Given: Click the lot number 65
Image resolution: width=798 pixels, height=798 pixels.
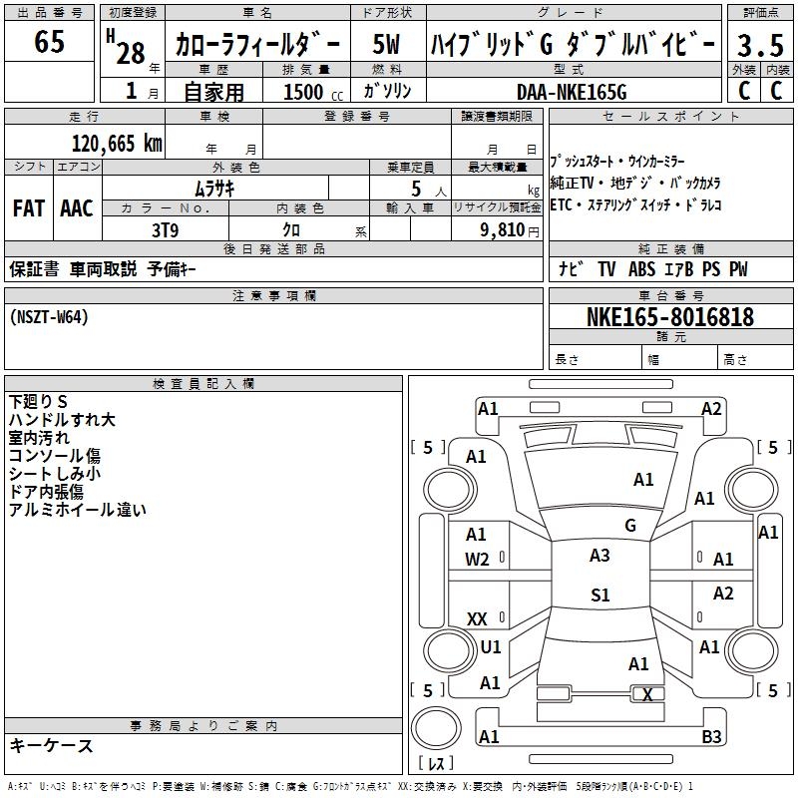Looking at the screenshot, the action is [x=49, y=43].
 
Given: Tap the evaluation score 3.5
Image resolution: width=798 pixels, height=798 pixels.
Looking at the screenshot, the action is [x=759, y=47].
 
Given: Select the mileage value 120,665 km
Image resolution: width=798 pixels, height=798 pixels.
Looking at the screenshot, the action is [x=116, y=144].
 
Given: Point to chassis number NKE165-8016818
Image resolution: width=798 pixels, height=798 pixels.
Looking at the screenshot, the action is [x=669, y=317].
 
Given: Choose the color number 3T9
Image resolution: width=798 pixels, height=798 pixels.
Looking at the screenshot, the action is [x=165, y=229].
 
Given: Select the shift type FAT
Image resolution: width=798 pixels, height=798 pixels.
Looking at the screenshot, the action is [x=28, y=208].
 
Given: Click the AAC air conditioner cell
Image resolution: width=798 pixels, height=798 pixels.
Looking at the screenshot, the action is [x=76, y=208].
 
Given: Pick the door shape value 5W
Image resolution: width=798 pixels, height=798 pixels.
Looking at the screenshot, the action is [x=387, y=46].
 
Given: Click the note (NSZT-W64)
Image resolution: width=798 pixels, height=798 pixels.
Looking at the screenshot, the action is [x=49, y=317].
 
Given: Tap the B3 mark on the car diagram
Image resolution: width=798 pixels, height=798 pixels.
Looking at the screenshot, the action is [x=711, y=737].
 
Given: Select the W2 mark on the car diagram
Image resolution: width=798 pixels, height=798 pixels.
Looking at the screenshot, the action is [x=477, y=560].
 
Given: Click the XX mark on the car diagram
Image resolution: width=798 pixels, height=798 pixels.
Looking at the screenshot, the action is [x=477, y=619].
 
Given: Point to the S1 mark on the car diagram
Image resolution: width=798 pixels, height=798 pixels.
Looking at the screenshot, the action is [x=599, y=596].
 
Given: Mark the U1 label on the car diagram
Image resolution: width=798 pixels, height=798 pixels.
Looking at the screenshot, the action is [x=491, y=646].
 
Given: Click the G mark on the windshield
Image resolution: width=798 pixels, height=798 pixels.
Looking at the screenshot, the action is [x=629, y=525].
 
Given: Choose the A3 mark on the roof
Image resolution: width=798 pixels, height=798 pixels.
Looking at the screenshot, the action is [x=599, y=556].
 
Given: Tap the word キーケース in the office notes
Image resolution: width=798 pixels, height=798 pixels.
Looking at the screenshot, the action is [x=51, y=745].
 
